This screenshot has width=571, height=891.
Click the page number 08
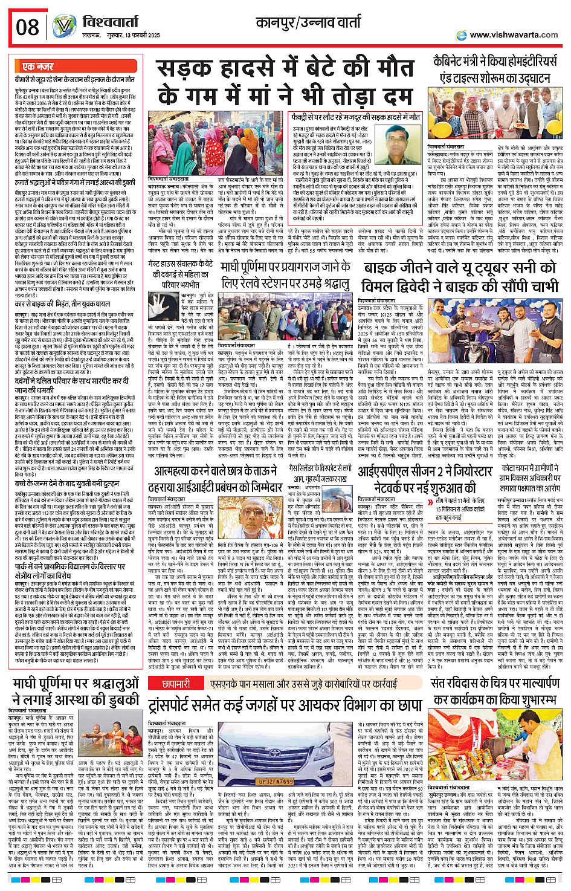coord(28,27)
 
